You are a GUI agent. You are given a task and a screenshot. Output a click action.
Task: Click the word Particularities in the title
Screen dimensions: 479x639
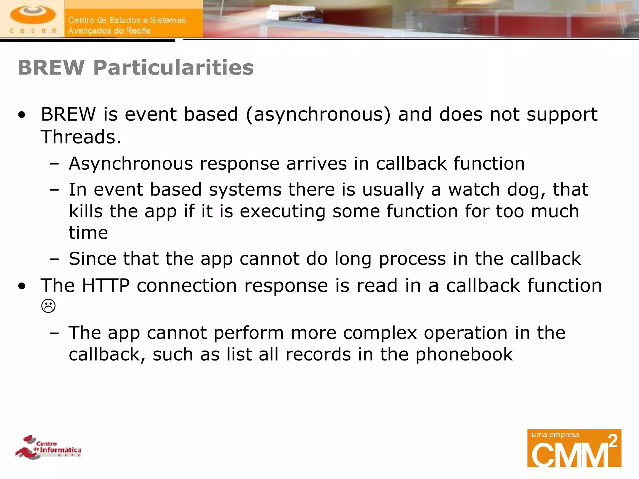point(173,68)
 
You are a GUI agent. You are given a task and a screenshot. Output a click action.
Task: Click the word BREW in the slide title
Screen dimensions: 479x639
point(51,68)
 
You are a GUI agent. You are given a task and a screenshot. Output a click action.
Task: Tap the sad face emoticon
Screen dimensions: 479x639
point(48,306)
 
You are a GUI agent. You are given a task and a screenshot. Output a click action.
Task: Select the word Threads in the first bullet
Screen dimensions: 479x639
point(78,137)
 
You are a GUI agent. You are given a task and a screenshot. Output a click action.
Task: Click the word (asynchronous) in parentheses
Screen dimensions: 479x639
point(318,114)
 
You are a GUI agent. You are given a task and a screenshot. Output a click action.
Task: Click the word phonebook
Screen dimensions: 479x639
point(464,355)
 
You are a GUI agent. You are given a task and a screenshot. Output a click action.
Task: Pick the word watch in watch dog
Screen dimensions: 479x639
point(474,190)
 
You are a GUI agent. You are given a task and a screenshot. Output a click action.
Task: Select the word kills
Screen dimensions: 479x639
point(85,211)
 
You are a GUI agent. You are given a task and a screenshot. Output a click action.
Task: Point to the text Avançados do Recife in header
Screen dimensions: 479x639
point(109,31)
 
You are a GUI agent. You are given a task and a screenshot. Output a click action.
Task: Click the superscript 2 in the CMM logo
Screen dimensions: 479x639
point(613,441)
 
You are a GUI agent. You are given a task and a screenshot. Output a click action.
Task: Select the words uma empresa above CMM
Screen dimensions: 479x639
point(555,435)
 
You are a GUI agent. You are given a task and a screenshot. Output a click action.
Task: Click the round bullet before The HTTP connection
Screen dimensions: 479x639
point(22,286)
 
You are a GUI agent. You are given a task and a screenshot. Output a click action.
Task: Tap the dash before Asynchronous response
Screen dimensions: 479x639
point(54,164)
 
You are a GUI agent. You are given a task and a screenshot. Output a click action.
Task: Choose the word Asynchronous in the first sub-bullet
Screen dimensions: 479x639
point(131,164)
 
